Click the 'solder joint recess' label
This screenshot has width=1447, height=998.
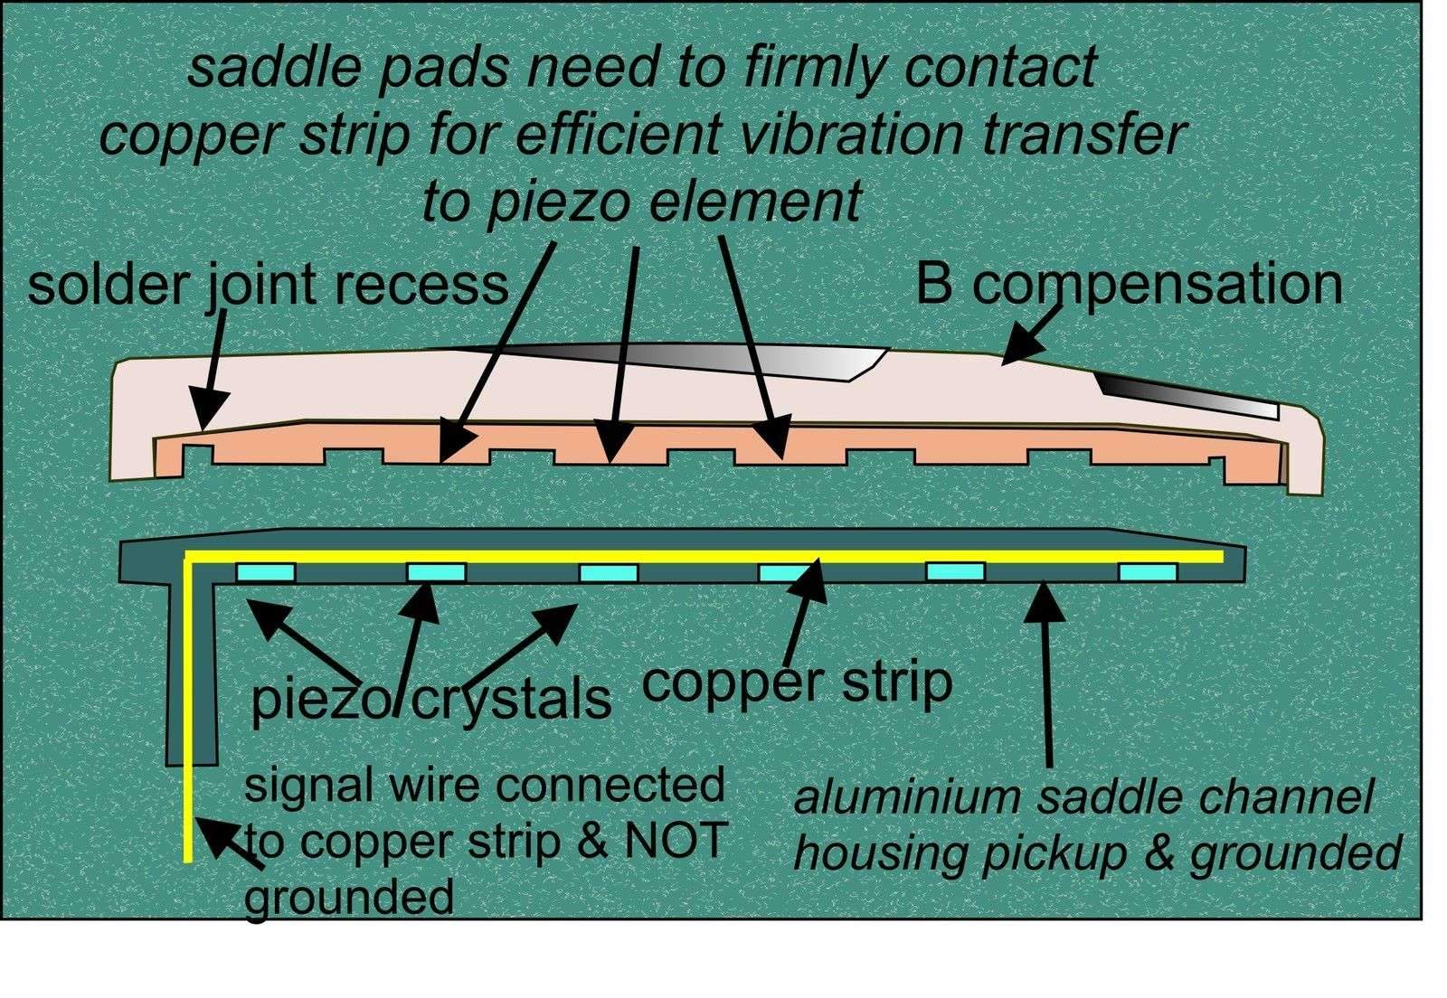tap(268, 285)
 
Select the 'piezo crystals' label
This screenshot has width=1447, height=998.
tap(430, 698)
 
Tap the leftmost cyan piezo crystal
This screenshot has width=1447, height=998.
tap(266, 572)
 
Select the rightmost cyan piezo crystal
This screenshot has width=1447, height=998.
tap(1148, 571)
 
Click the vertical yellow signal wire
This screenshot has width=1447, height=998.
tap(186, 705)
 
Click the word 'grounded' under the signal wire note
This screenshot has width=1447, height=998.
tap(348, 898)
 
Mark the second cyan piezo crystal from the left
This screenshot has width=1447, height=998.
tap(436, 572)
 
